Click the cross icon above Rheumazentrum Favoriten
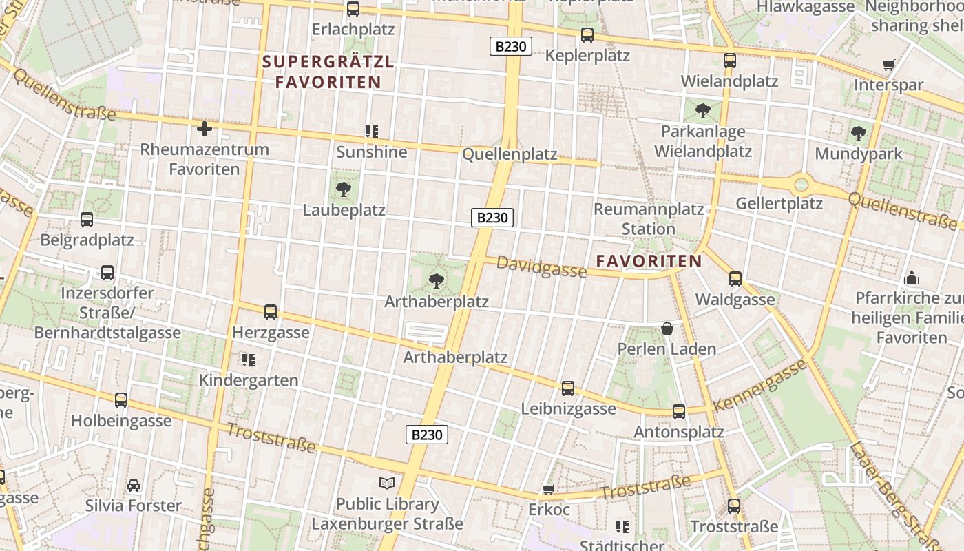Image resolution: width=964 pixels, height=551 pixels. point(204,128)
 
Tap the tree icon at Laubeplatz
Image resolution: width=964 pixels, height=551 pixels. point(343,189)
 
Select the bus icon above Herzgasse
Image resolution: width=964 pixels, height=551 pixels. point(271,311)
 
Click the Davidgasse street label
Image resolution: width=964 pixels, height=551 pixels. point(541,267)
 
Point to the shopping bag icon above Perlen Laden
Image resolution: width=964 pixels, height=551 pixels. point(667,328)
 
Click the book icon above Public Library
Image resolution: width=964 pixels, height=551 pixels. point(387,483)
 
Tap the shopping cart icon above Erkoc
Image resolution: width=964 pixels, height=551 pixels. point(549,489)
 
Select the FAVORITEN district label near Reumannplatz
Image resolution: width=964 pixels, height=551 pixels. point(649,261)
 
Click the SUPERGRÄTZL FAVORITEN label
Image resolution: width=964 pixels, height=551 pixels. point(328,72)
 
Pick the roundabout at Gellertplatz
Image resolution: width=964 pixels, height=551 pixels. point(801,184)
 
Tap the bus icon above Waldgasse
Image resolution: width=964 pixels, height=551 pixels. point(735,278)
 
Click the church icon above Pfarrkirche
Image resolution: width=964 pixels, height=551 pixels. point(912,278)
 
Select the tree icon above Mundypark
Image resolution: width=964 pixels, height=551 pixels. point(858,133)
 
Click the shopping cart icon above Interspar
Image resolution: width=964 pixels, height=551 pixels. point(888,65)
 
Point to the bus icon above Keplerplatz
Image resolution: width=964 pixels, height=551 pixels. point(587,34)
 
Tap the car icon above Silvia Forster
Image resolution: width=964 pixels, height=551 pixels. point(134,485)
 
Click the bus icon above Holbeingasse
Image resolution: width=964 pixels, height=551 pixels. point(121,399)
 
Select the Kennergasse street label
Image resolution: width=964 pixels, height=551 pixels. point(760,385)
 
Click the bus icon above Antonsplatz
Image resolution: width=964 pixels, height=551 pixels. point(678,411)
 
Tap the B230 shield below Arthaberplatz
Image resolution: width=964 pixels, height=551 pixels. point(426,435)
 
